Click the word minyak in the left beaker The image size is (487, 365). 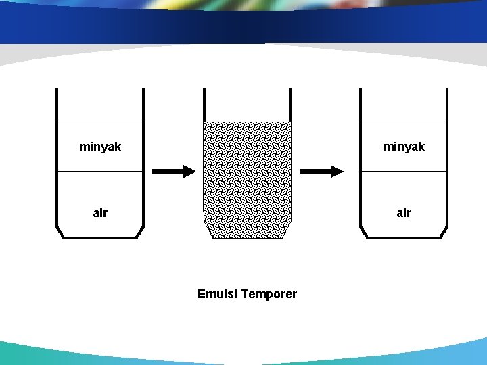[100, 147]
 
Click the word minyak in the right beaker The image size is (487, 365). [404, 147]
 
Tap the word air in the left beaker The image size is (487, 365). [100, 213]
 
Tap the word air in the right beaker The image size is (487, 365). [404, 213]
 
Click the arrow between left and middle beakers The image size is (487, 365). [172, 172]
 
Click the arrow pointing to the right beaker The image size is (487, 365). [321, 172]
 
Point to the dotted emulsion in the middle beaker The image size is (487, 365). [248, 180]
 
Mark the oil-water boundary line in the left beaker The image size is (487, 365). [100, 172]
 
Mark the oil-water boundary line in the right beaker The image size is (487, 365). [404, 172]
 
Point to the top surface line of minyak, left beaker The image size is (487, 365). [100, 122]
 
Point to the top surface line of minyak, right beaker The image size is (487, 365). [404, 122]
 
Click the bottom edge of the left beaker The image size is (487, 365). [100, 237]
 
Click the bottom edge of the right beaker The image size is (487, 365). [404, 237]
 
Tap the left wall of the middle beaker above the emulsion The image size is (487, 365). [204, 105]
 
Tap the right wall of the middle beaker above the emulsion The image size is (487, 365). [291, 105]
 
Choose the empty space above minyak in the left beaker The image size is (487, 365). [100, 105]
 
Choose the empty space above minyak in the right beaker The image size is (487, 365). [404, 105]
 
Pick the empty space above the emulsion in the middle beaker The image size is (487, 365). [248, 105]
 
